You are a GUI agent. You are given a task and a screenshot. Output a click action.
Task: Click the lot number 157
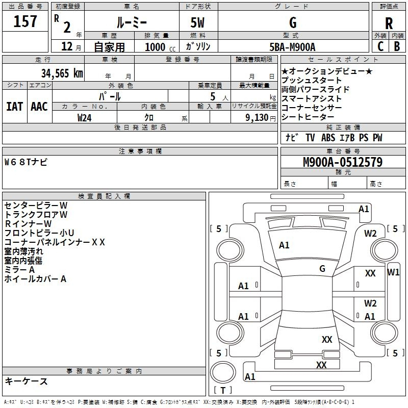click(x=25, y=22)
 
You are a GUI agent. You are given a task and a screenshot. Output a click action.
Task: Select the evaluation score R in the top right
click(x=389, y=23)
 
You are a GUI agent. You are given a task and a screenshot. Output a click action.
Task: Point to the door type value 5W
click(x=197, y=22)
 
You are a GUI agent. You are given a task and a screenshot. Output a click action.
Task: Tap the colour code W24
click(x=85, y=117)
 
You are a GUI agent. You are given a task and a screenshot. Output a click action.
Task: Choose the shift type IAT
click(x=14, y=106)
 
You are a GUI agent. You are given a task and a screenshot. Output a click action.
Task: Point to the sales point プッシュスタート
click(x=312, y=81)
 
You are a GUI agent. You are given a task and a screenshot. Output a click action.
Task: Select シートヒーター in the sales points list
click(x=309, y=117)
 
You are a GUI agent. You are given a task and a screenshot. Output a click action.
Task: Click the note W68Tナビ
click(x=26, y=162)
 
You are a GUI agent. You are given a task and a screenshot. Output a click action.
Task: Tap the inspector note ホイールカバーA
click(x=35, y=279)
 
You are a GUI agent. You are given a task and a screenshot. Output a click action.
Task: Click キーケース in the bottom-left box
click(x=26, y=381)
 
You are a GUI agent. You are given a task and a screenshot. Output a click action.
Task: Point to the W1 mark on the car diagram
click(x=393, y=272)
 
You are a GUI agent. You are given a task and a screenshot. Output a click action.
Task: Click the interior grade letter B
click(x=397, y=46)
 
